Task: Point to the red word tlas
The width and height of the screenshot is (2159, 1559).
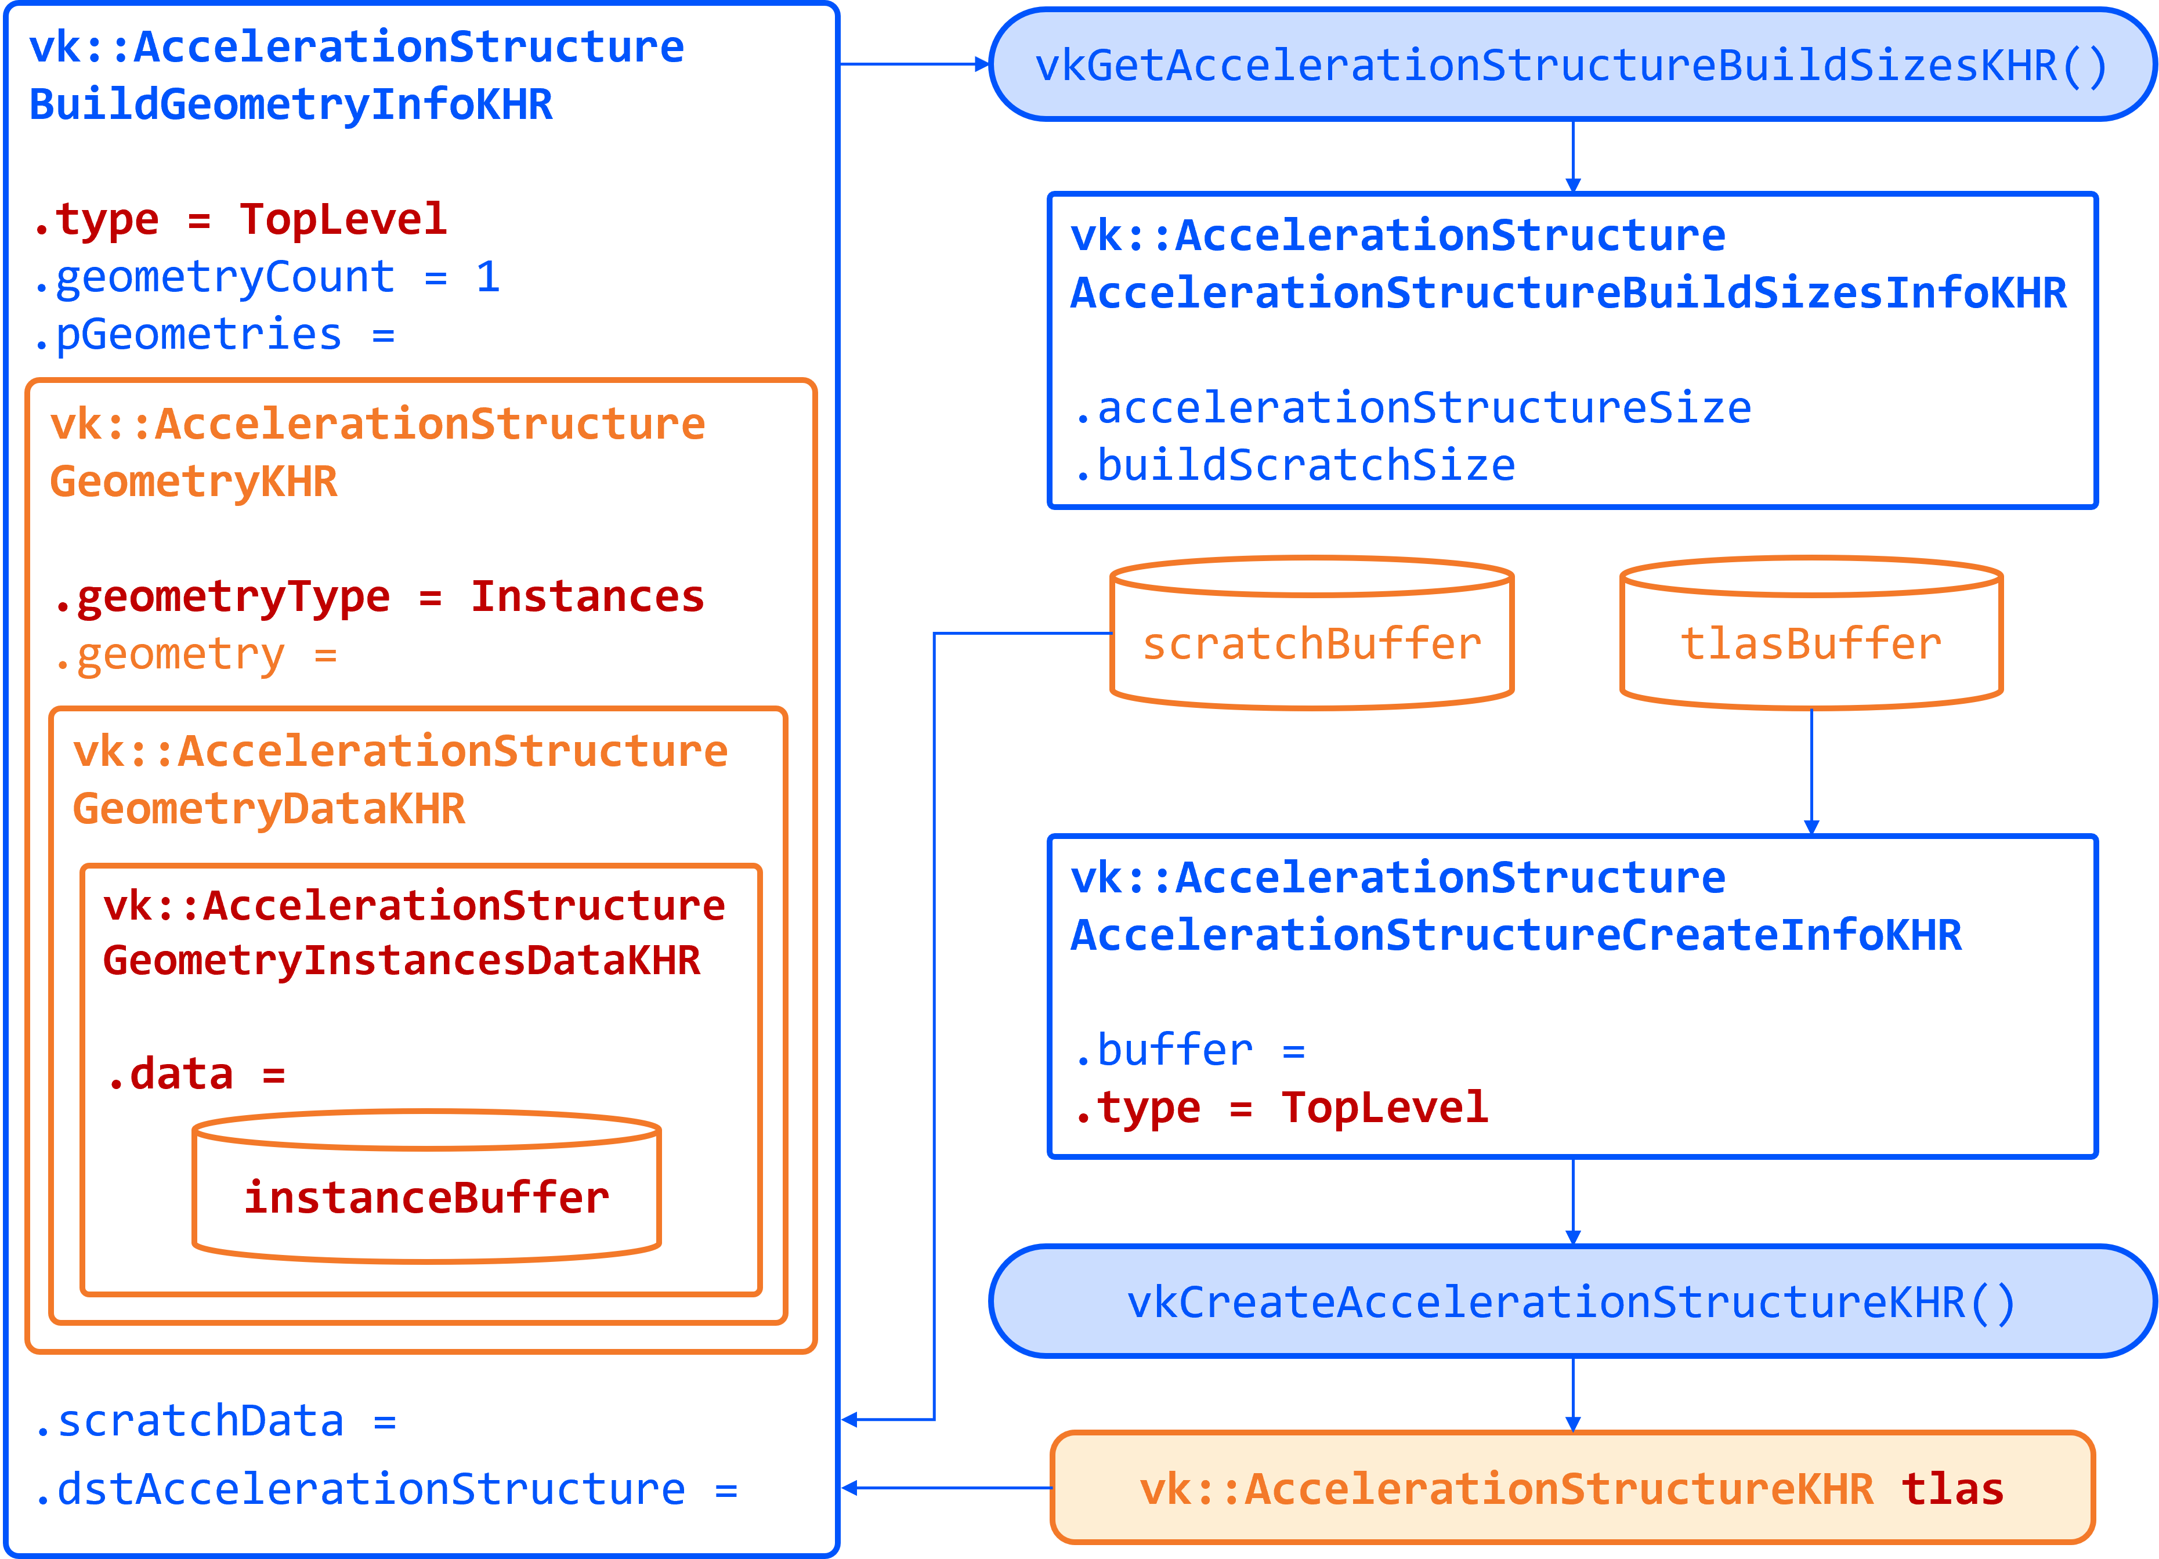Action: pos(1951,1488)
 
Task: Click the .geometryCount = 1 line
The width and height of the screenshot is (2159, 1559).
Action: pos(266,277)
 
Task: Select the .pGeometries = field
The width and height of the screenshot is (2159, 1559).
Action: pos(214,334)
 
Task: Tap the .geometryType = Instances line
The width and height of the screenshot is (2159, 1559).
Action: pos(379,597)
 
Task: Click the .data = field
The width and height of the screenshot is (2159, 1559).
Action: pos(195,1073)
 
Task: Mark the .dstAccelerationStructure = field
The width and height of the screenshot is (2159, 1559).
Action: pos(385,1488)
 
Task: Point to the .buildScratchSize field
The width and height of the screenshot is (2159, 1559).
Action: pos(1294,465)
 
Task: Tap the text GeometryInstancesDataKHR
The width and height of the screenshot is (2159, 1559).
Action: pos(402,960)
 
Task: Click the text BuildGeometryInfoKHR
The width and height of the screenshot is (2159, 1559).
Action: pos(290,104)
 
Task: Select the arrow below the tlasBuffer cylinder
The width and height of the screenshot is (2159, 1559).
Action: pos(1811,771)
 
